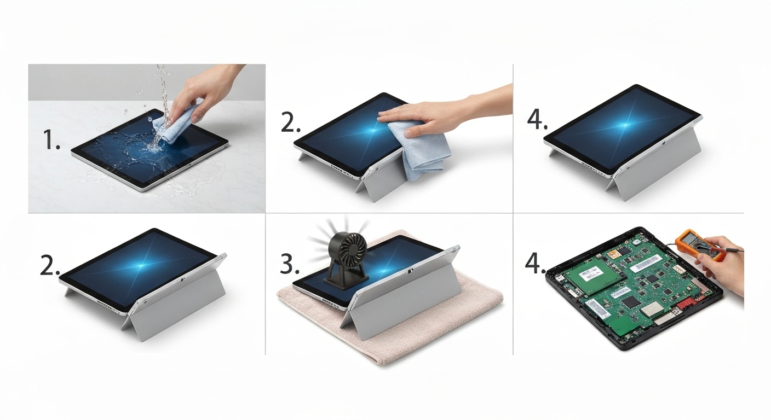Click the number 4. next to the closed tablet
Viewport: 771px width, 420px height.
click(537, 119)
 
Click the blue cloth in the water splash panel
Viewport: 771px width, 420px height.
click(174, 125)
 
